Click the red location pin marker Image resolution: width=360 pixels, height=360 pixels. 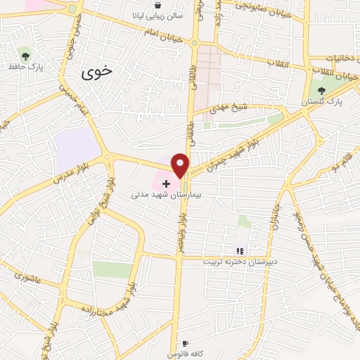[181, 165]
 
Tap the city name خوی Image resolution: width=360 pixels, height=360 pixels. [96, 72]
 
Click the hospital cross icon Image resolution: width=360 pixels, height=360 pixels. [166, 183]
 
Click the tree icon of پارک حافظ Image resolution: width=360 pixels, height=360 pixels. [26, 55]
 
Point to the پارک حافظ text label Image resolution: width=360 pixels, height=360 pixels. [24, 67]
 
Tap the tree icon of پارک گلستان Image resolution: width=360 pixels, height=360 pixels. [322, 90]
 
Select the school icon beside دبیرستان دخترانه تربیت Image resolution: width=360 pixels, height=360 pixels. [239, 250]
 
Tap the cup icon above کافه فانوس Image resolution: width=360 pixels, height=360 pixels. [185, 343]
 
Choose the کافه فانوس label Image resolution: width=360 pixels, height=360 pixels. [185, 354]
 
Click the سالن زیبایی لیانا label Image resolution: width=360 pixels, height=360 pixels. [157, 15]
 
